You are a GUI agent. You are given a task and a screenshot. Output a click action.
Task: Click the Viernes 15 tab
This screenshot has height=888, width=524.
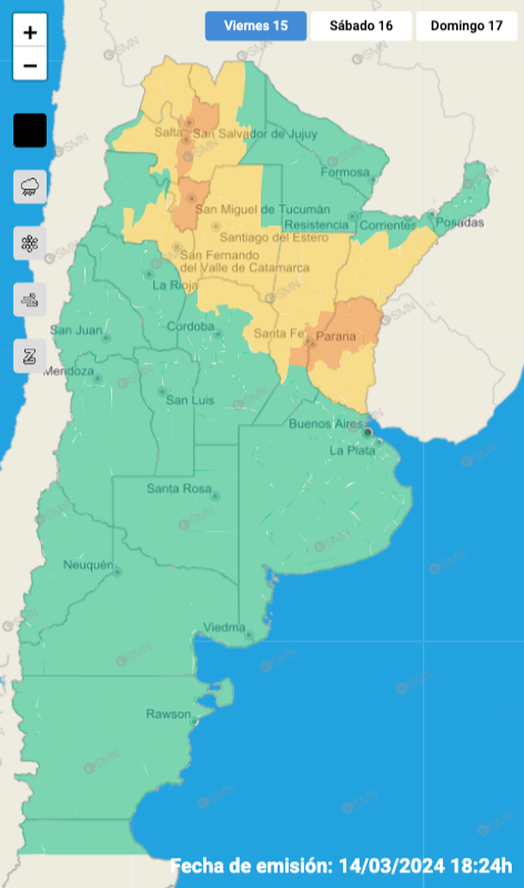tap(255, 26)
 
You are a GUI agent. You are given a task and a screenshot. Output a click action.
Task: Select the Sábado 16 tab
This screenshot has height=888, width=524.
tap(362, 26)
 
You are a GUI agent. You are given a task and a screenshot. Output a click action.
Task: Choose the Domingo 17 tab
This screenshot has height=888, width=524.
tap(466, 26)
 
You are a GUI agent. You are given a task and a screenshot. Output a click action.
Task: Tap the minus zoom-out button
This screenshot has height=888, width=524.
tap(30, 66)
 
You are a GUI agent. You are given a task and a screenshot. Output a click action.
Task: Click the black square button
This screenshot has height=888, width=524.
tap(30, 131)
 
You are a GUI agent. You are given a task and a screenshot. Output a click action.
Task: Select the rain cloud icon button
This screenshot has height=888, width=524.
tap(30, 186)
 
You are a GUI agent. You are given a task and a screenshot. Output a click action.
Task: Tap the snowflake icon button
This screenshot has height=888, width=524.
tap(30, 243)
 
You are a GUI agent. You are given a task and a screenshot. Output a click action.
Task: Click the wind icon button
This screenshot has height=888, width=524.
tap(30, 300)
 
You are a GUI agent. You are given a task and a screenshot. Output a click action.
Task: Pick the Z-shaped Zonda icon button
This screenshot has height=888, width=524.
tap(30, 356)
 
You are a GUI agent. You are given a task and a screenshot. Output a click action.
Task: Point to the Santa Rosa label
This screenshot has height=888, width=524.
tap(174, 489)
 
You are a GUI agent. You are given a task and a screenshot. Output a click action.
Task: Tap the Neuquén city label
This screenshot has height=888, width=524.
tap(88, 564)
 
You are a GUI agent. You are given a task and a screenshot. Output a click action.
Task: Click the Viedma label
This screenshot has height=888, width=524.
tap(223, 627)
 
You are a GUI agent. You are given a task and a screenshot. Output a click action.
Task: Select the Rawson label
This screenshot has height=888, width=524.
tap(168, 714)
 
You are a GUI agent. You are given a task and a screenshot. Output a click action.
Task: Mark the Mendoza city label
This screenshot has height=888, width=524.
tap(67, 371)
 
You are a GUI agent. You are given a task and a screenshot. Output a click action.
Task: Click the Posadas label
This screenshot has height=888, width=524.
tap(460, 222)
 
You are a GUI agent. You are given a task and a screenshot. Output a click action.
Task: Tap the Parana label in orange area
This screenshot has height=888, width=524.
tap(336, 336)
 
